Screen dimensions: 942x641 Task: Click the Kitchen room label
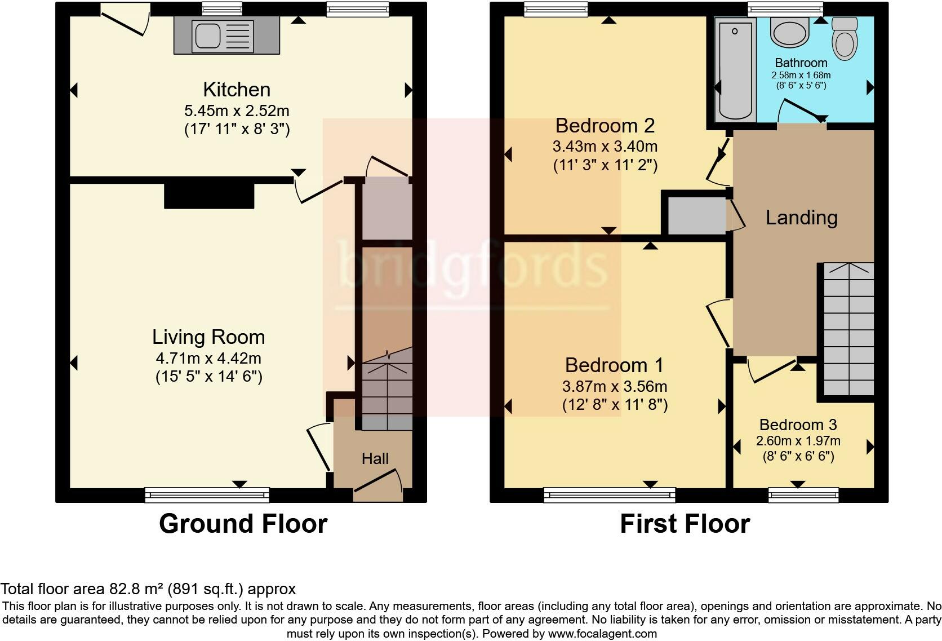tap(237, 90)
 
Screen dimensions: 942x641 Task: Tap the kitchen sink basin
tap(208, 36)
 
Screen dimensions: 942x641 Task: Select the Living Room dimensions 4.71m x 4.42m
tap(208, 358)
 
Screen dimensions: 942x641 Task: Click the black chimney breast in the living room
tap(209, 196)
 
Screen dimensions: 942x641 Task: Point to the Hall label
tap(375, 458)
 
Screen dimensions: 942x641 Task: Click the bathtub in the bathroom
tap(735, 70)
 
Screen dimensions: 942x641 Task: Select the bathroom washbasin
tap(789, 32)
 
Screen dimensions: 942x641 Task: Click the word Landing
tap(802, 218)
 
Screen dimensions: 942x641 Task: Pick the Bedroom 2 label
tap(605, 125)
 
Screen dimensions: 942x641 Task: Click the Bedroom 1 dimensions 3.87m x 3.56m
tap(615, 386)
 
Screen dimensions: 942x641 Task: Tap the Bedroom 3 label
tap(798, 425)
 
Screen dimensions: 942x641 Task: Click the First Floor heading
tap(685, 524)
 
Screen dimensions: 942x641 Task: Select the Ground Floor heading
tap(243, 524)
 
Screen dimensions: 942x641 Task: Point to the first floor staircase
tap(848, 329)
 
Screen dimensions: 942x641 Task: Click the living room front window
tap(207, 495)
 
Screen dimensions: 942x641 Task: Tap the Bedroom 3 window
tap(803, 495)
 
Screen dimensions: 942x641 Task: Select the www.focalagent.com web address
tap(602, 634)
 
